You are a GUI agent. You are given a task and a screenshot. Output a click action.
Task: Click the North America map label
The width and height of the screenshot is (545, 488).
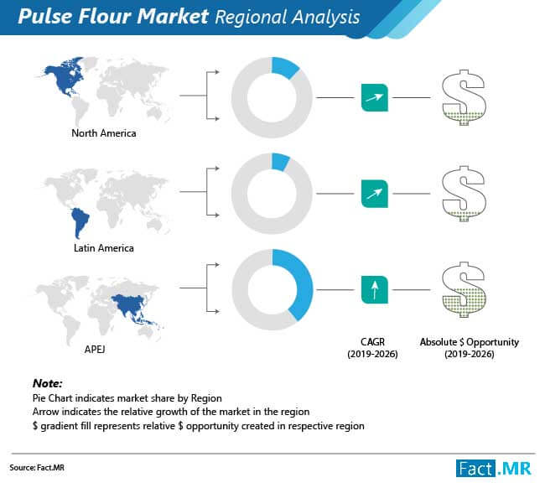click(x=104, y=133)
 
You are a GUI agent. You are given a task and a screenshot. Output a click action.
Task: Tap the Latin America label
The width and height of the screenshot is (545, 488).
click(x=104, y=248)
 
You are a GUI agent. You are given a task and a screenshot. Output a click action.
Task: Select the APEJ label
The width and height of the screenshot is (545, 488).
click(x=95, y=349)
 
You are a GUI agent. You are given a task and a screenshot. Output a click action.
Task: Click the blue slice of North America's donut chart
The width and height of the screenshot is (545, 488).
click(x=284, y=67)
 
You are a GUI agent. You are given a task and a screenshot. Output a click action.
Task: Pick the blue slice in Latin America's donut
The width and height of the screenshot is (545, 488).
click(x=280, y=162)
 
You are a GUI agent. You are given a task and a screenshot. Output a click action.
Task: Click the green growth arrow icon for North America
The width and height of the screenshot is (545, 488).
click(x=375, y=97)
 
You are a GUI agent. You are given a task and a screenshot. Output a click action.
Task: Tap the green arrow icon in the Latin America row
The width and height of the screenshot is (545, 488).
click(x=375, y=194)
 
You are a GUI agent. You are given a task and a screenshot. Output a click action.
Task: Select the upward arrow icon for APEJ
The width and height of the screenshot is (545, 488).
click(x=375, y=290)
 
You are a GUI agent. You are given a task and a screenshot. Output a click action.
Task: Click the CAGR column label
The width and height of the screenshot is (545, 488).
click(x=372, y=348)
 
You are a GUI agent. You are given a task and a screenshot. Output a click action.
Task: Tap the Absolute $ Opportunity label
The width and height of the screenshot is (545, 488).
click(x=470, y=348)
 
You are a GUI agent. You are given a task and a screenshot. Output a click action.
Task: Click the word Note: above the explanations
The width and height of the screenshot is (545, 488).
click(x=47, y=383)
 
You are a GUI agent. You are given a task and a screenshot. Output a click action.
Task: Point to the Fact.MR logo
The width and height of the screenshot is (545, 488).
click(x=494, y=469)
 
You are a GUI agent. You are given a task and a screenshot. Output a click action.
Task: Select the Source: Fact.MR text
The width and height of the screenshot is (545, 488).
click(x=37, y=468)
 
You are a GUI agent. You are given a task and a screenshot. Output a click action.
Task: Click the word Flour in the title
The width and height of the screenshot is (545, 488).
click(x=106, y=16)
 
